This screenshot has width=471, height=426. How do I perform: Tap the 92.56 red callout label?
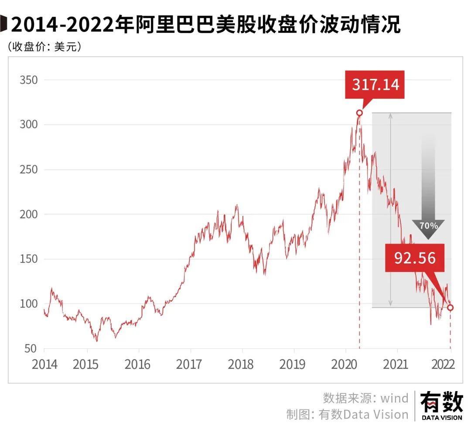415,258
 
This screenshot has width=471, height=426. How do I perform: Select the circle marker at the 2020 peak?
359,113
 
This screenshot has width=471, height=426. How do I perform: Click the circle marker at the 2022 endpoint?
451,307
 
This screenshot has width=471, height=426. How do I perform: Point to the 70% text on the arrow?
428,226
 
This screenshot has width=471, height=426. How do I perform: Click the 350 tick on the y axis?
29,80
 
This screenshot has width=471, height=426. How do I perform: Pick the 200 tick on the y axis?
29,215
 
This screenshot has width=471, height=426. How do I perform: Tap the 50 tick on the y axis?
31,348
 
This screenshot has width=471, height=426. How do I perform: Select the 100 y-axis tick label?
29,304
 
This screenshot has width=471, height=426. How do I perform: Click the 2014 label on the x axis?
44,364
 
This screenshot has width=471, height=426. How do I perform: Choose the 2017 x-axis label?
191,364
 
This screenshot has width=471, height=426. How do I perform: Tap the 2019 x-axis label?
294,364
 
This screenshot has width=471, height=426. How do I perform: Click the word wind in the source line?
394,398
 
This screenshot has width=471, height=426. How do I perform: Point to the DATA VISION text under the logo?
441,418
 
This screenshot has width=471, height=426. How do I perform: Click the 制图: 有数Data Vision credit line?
347,414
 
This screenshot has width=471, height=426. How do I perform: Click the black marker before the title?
4,25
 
